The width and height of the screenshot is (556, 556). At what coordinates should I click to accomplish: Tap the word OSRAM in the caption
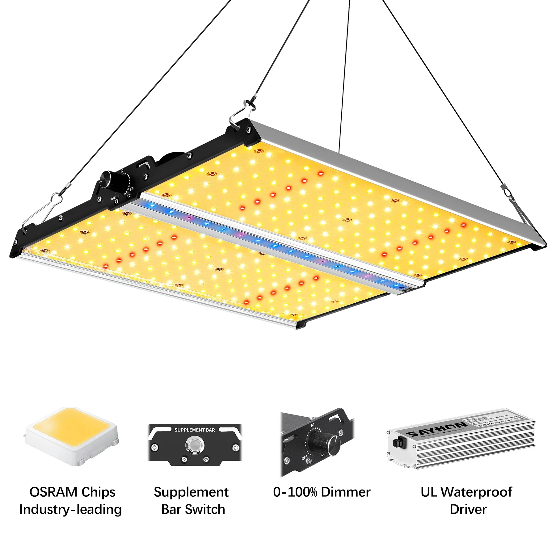pos(53,492)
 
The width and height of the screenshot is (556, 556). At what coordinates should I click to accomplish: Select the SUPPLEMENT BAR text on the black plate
pos(195,430)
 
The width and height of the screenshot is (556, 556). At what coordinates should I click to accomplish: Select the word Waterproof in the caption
pos(476,492)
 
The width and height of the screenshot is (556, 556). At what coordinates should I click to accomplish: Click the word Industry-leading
pos(70,509)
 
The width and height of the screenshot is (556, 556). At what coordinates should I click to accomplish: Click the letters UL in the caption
pos(429,492)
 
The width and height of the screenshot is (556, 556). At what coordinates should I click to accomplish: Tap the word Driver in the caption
pos(468,509)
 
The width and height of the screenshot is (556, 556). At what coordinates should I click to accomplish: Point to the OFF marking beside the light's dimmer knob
pos(113,199)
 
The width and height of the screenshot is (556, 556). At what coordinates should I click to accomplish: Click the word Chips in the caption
pos(98,492)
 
